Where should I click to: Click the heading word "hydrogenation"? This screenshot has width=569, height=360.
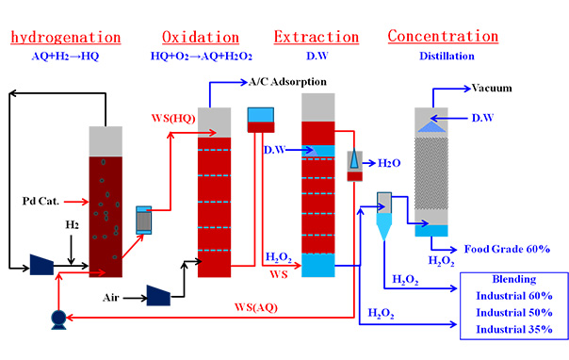pyautogui.click(x=66, y=38)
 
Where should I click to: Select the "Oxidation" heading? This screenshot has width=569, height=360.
pyautogui.click(x=200, y=38)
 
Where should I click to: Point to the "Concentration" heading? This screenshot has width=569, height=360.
pyautogui.click(x=443, y=37)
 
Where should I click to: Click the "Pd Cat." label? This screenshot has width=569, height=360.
pyautogui.click(x=41, y=201)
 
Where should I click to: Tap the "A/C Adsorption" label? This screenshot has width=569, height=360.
pyautogui.click(x=287, y=82)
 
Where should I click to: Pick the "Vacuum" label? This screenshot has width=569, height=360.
pyautogui.click(x=492, y=89)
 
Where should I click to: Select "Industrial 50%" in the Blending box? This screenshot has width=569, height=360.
pyautogui.click(x=514, y=311)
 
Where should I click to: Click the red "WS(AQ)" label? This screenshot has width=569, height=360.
pyautogui.click(x=256, y=308)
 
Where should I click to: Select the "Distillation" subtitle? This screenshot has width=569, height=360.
pyautogui.click(x=444, y=56)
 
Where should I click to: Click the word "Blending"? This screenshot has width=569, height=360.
pyautogui.click(x=514, y=280)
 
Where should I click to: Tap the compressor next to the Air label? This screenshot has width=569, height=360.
pyautogui.click(x=158, y=296)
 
